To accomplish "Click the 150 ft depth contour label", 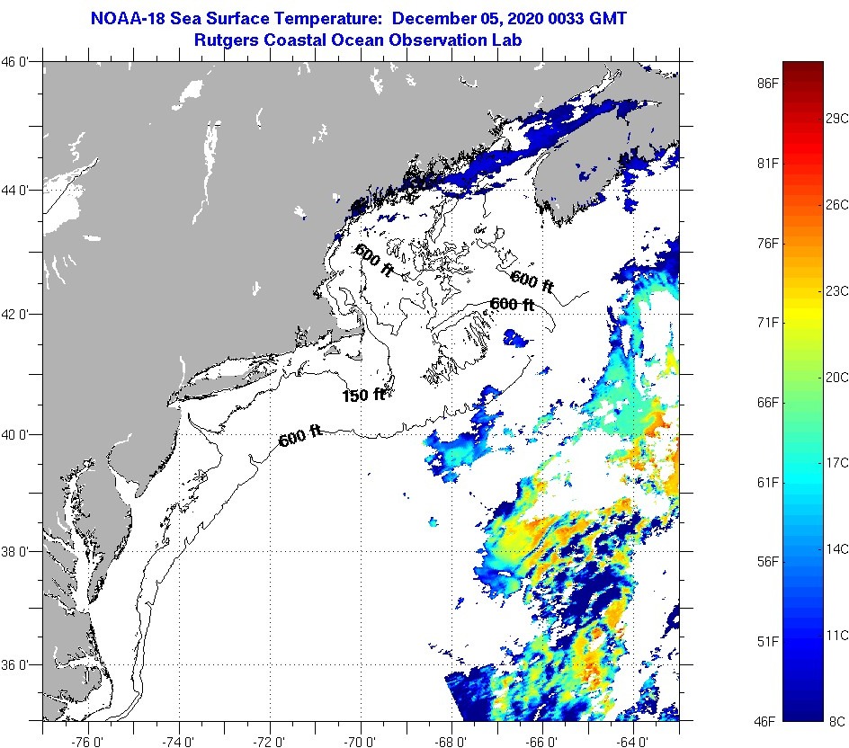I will tap(364, 395).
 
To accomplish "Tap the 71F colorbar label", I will tap(767, 322).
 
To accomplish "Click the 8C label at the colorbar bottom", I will tap(836, 720).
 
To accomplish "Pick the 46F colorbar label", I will tap(767, 720).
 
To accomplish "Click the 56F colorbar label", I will tap(767, 561).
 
